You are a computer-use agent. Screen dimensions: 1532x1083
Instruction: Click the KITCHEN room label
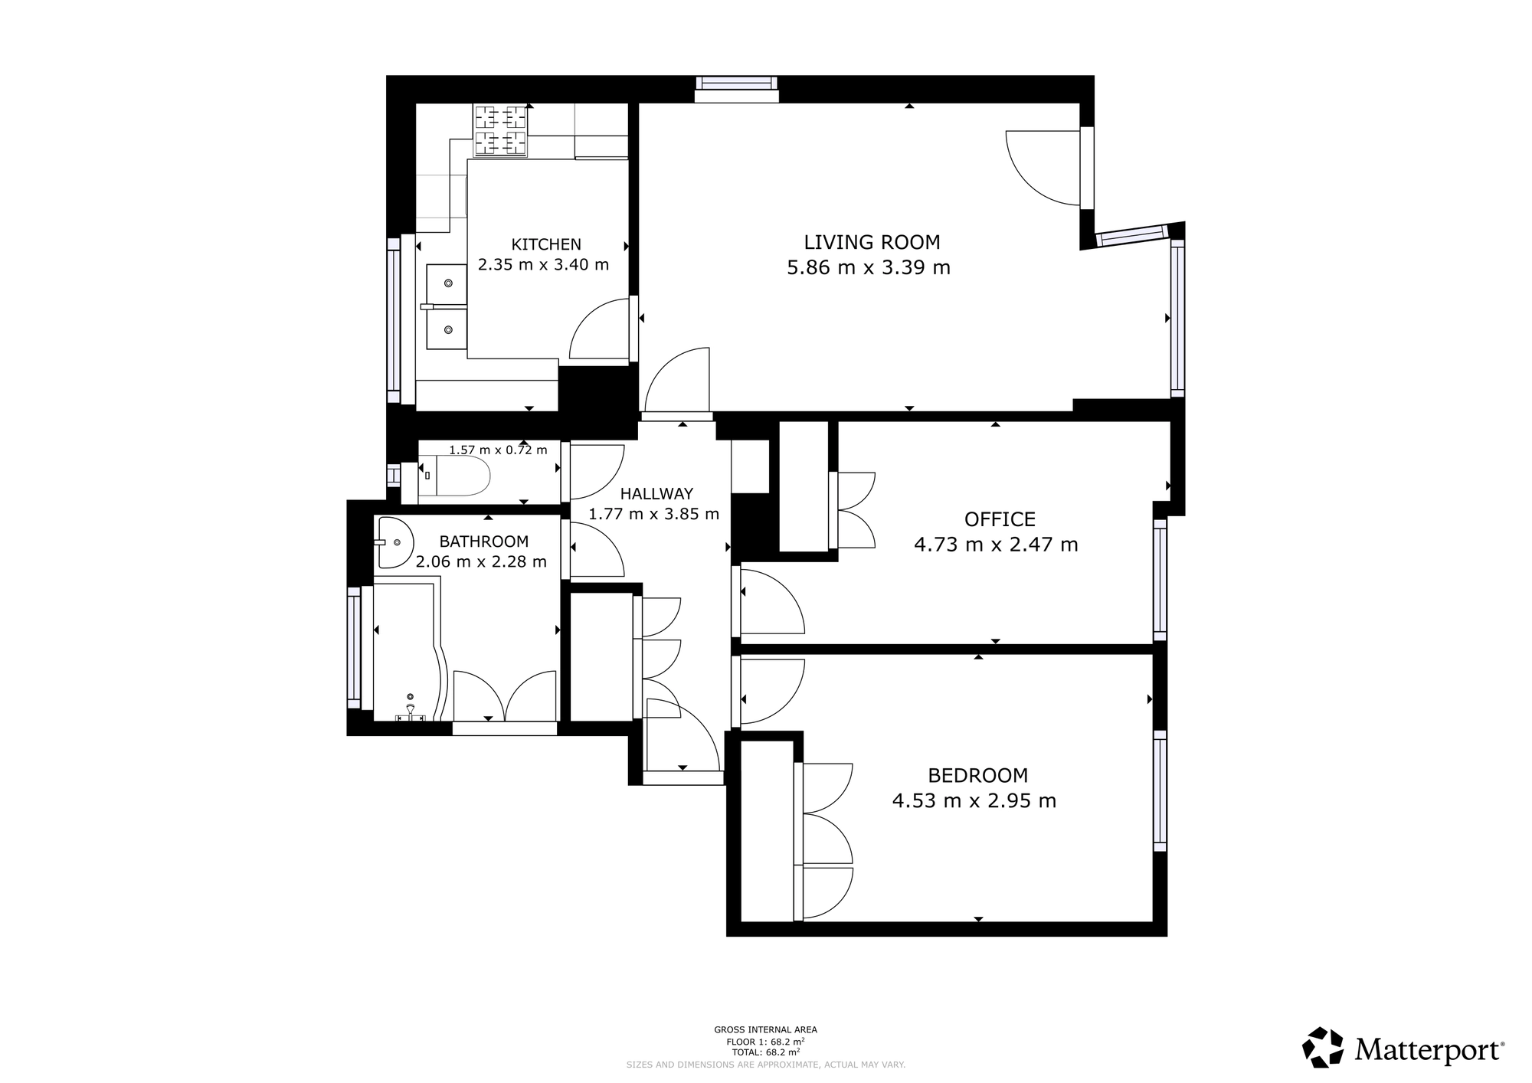[x=546, y=244]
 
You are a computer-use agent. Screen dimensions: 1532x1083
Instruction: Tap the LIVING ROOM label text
[x=872, y=242]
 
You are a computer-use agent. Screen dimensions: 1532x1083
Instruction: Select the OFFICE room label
[x=1000, y=519]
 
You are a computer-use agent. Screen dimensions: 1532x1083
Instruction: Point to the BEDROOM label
[x=977, y=775]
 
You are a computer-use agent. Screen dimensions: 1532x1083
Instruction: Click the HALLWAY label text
[x=656, y=494]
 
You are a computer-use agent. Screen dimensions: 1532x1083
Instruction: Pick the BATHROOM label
[x=484, y=541]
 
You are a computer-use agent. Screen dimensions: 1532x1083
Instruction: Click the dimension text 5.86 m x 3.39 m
[x=869, y=268]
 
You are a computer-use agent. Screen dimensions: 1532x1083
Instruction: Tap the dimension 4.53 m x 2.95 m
[x=974, y=801]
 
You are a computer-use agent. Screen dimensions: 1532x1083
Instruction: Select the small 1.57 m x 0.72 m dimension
[x=498, y=450]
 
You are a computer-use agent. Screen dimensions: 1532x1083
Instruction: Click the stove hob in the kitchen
[x=501, y=130]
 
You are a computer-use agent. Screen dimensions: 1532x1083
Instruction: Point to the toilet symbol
[x=454, y=476]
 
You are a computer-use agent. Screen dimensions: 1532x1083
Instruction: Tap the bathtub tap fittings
[x=411, y=712]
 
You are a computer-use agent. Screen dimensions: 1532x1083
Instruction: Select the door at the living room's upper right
[x=1046, y=168]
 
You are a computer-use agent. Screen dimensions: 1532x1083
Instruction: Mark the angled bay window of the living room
[x=1132, y=235]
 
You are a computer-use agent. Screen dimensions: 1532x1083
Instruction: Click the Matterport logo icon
[x=1323, y=1047]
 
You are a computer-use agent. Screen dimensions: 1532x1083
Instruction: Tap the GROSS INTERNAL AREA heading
[x=765, y=1030]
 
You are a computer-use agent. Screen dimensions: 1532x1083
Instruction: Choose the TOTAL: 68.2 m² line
[x=765, y=1052]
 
